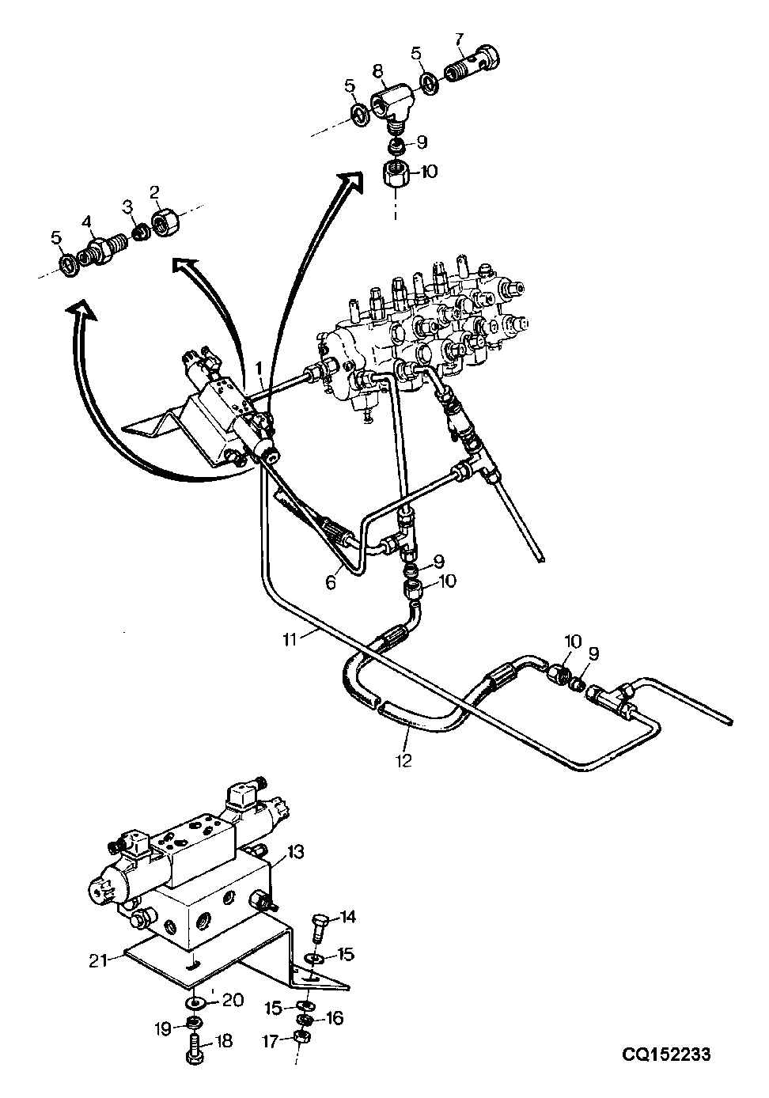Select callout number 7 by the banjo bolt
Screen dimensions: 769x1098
(459, 38)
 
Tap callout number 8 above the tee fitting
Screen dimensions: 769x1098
(377, 71)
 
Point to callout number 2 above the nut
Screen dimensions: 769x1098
(155, 192)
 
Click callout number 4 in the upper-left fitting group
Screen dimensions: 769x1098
(86, 222)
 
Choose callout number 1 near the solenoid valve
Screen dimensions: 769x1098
(259, 367)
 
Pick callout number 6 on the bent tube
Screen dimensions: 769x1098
(331, 583)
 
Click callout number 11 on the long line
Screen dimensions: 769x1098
(290, 640)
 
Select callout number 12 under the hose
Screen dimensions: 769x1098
(403, 760)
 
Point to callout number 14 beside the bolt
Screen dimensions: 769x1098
(347, 917)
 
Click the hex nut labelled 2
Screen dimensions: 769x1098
(166, 222)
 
